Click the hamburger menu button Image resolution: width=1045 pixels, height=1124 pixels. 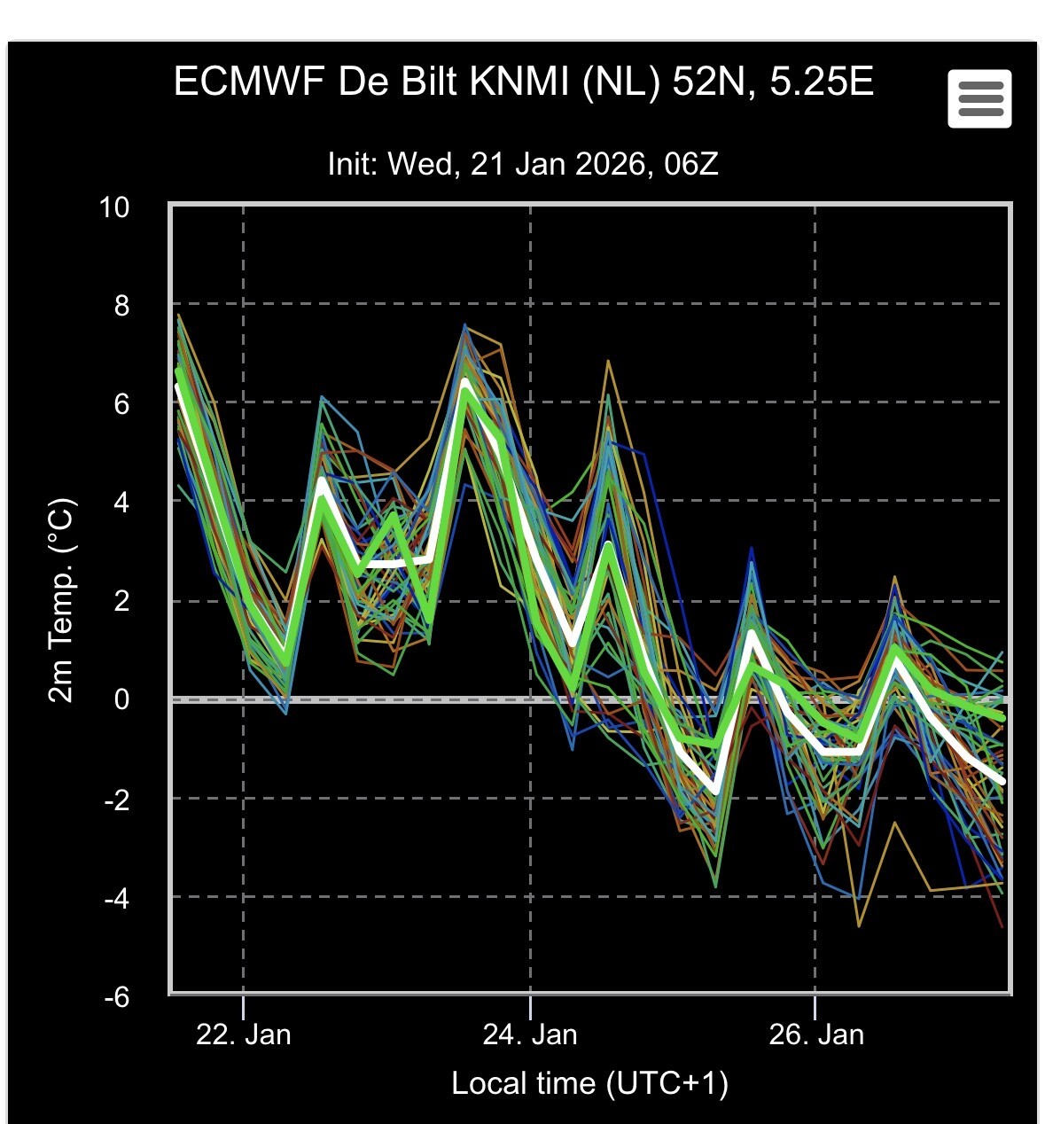[x=979, y=98]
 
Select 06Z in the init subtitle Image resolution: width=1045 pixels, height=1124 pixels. [x=690, y=164]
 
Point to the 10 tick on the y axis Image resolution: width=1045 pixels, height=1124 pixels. [x=114, y=207]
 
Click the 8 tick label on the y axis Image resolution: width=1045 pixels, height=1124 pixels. [x=121, y=306]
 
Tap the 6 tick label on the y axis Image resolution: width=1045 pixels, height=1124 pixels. [x=121, y=404]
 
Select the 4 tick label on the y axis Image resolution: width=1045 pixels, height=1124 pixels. [x=121, y=503]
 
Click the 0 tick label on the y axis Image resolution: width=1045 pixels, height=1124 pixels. [x=121, y=699]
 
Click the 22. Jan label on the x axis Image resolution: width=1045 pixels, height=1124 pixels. [x=243, y=1034]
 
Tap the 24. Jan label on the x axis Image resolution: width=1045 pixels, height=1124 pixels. [x=530, y=1034]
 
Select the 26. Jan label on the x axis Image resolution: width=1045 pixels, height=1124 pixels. [x=816, y=1034]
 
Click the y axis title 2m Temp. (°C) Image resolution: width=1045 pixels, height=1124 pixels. [x=62, y=601]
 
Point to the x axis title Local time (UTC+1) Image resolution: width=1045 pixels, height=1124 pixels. [x=589, y=1083]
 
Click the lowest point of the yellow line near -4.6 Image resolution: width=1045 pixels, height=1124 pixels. [x=859, y=926]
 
